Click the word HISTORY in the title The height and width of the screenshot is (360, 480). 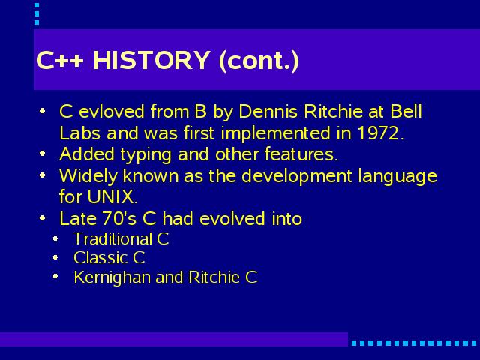(151, 60)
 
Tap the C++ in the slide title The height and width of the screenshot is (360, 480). (60, 60)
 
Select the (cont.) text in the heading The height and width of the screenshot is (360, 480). (259, 61)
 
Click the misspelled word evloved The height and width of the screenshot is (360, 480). (112, 111)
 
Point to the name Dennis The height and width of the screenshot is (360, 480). (268, 111)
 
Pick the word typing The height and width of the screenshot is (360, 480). (145, 155)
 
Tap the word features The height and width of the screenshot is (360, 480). (301, 154)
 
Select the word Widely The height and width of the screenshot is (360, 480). (88, 177)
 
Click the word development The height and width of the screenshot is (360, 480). (297, 177)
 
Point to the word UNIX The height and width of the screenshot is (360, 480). (112, 196)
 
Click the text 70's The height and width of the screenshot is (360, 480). (119, 218)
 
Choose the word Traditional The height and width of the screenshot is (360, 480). (112, 238)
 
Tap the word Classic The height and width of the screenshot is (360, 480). (100, 258)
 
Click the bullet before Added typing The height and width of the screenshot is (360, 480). (43, 154)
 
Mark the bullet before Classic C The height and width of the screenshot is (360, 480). (55, 258)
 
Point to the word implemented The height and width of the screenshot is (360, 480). (276, 133)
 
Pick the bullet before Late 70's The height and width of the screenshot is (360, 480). (43, 218)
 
